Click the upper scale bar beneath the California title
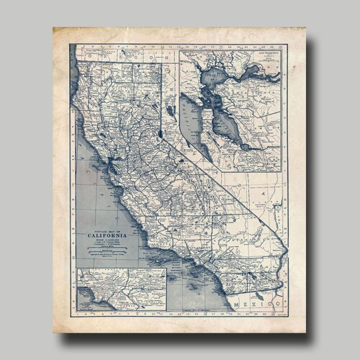(x=107, y=245)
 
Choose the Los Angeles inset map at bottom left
(x=122, y=289)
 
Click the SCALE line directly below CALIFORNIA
(x=107, y=240)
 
